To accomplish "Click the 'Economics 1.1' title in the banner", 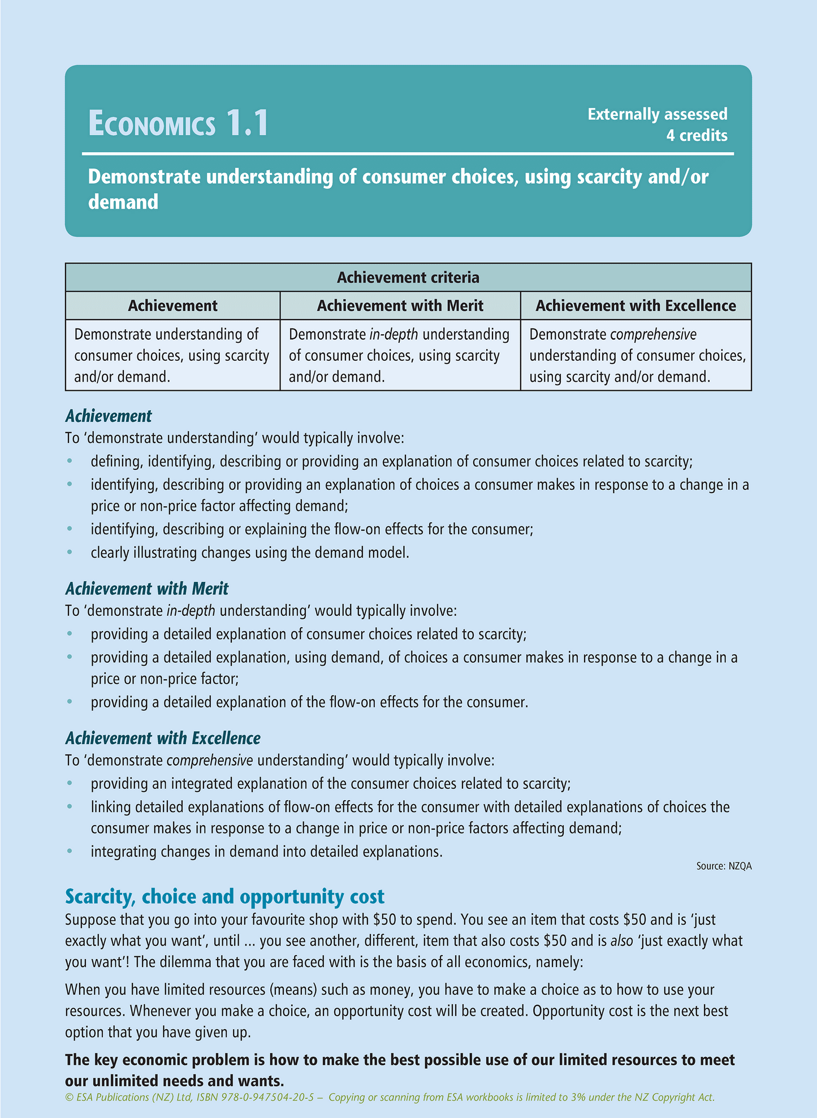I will (x=178, y=124).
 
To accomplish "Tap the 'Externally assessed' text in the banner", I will (x=657, y=114).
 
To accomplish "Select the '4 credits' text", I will (x=696, y=136).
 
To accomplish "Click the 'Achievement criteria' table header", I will (x=408, y=278).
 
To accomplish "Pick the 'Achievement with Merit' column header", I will (x=400, y=306).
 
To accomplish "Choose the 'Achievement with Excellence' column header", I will (x=636, y=306).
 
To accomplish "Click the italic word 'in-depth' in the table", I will (x=394, y=335).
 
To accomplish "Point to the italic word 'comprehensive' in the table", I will (x=653, y=335).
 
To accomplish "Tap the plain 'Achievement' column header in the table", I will (x=172, y=306).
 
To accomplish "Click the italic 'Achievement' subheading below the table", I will (x=109, y=416).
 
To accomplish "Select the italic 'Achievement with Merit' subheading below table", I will (x=147, y=589).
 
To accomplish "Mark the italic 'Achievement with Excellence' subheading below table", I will (x=163, y=738).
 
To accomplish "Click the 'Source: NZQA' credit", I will (x=724, y=866).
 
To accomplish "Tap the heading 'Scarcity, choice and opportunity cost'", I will (x=224, y=896).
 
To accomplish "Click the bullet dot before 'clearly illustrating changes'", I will (x=70, y=552).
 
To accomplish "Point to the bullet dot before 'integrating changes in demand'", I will (x=70, y=851).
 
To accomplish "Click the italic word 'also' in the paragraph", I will (x=621, y=941).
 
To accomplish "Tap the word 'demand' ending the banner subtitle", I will (x=123, y=202).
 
